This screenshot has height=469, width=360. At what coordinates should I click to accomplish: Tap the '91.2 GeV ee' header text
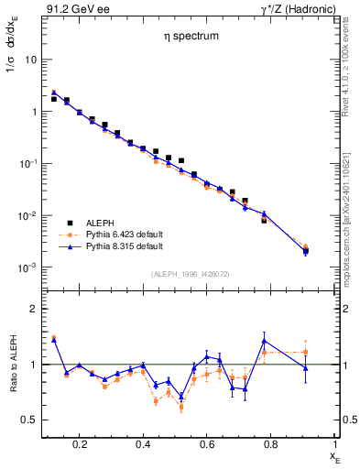coord(72,7)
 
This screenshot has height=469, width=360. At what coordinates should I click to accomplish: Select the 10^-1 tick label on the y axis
coord(27,164)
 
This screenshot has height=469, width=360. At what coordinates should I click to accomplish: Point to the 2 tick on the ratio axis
coord(33,309)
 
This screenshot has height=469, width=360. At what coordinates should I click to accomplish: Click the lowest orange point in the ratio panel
coord(181,407)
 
